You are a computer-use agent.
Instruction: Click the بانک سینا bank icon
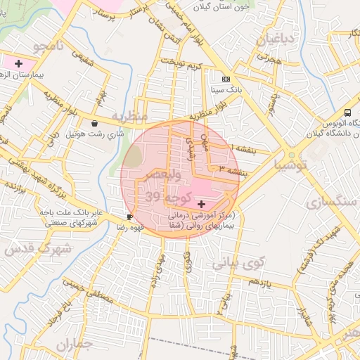tap(226, 79)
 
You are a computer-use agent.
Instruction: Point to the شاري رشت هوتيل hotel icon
tap(94, 122)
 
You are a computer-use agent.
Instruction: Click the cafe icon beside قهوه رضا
tap(129, 217)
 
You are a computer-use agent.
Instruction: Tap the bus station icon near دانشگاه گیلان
tap(347, 113)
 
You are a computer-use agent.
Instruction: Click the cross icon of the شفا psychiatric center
tap(202, 203)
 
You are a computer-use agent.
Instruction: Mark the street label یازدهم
tap(259, 283)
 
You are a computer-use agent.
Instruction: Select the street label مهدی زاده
tap(154, 271)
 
